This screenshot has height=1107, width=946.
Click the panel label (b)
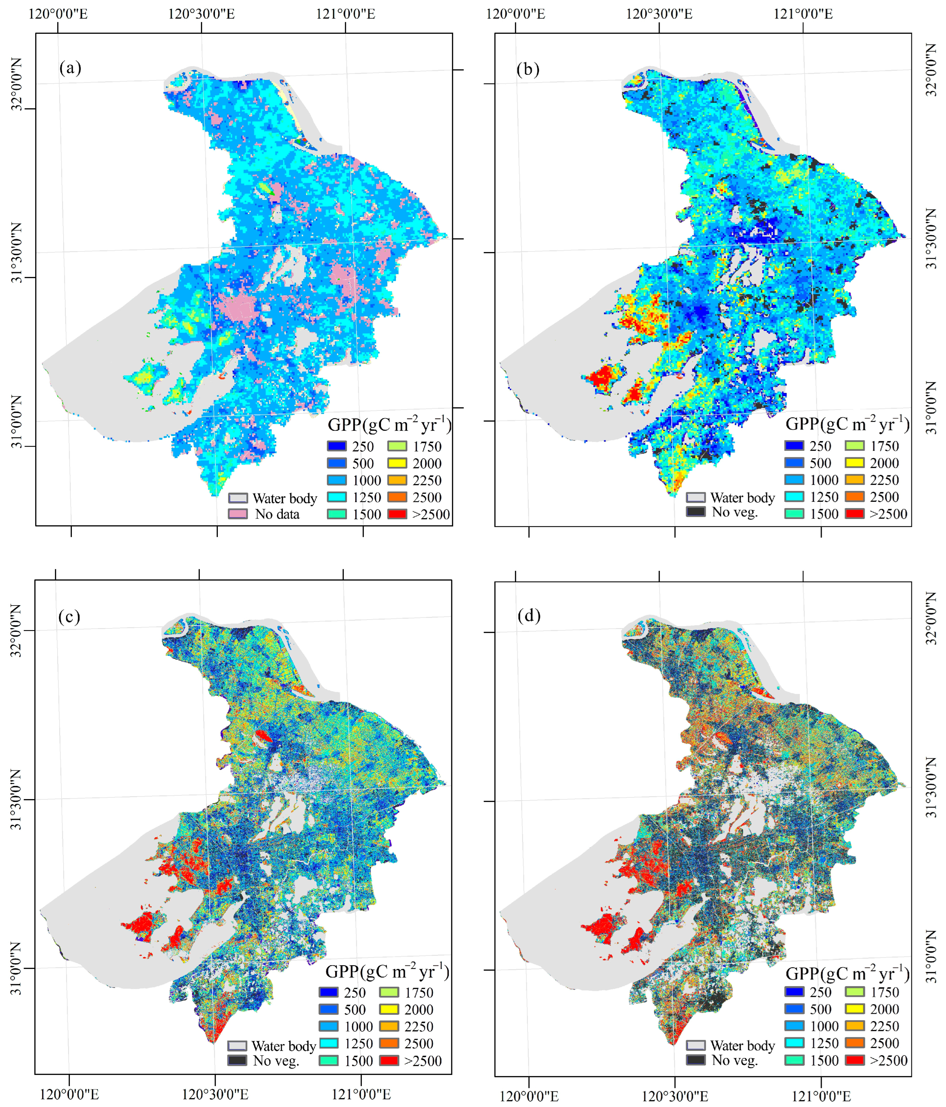click(528, 69)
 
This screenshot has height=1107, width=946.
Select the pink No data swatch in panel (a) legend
click(238, 514)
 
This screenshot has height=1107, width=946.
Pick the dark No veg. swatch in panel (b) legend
click(696, 512)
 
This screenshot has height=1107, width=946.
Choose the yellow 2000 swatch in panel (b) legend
click(855, 463)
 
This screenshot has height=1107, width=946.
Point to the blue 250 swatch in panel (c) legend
click(328, 992)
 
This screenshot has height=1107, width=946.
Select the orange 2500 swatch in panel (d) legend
click(855, 1043)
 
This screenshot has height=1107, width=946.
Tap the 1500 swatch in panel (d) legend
click(794, 1060)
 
